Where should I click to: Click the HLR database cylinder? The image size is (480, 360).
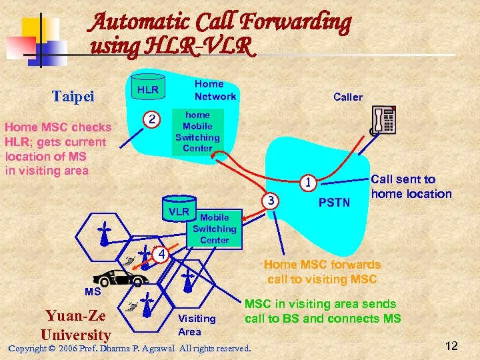click(x=148, y=89)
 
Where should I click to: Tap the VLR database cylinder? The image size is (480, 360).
click(x=178, y=211)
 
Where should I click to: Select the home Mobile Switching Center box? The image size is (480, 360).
click(x=197, y=131)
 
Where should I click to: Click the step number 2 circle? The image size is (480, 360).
click(x=153, y=120)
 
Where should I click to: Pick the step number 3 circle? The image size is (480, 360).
click(x=270, y=200)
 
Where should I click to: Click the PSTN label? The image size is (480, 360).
click(x=335, y=201)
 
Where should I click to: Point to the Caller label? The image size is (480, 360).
click(x=348, y=97)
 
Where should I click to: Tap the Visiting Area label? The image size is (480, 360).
click(x=197, y=325)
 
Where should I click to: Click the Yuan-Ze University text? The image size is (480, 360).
click(x=75, y=325)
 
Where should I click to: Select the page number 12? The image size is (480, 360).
click(x=451, y=345)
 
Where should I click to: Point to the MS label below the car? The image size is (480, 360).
click(x=93, y=292)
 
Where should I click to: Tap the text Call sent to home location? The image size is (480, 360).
click(x=411, y=187)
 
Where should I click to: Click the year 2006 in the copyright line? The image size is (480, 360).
click(x=69, y=349)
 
